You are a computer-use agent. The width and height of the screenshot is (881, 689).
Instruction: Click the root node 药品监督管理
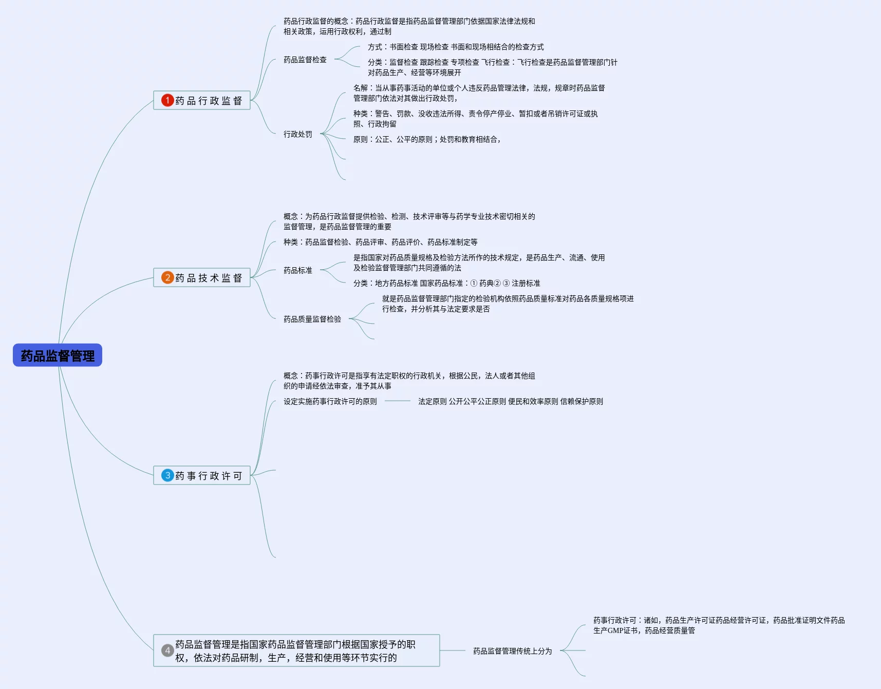(x=58, y=355)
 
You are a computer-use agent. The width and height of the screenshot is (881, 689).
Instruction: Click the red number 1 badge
(x=167, y=100)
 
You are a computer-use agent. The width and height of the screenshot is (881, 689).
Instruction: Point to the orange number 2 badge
(x=167, y=277)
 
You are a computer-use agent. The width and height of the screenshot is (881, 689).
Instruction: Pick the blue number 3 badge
(x=167, y=475)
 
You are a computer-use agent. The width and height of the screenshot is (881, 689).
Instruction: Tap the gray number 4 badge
(x=167, y=650)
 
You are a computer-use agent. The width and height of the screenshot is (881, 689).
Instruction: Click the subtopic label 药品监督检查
(x=305, y=60)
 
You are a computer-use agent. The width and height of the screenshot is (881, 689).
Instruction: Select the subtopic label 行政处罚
(x=298, y=134)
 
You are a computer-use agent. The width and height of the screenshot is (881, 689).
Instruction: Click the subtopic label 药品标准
(x=298, y=270)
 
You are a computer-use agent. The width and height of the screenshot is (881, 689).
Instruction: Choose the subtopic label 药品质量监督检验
(x=312, y=319)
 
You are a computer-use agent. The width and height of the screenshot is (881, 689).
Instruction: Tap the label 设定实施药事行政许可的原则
(x=330, y=401)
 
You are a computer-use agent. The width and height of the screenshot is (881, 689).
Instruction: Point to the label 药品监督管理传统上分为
(x=512, y=651)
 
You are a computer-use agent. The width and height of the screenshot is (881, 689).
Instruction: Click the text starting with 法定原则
(x=511, y=401)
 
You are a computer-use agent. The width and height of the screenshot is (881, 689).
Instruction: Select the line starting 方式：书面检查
(x=456, y=47)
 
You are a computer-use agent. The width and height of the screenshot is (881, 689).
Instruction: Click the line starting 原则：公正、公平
(x=426, y=139)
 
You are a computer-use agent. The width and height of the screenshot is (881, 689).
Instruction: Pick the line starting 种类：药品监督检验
(x=380, y=242)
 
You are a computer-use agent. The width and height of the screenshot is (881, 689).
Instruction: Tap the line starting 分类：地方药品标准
(x=446, y=283)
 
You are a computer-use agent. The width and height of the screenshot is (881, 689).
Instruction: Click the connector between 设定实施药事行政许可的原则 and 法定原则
(x=398, y=401)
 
